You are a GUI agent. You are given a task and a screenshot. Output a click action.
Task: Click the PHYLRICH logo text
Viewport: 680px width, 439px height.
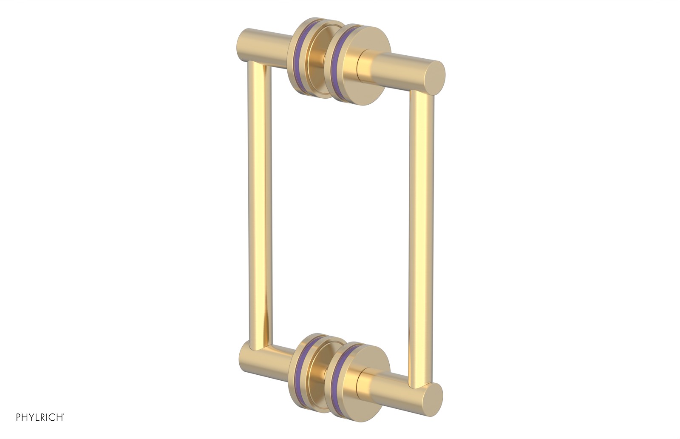tap(39, 417)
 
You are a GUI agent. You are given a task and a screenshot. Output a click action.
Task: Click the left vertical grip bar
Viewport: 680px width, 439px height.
tap(259, 204)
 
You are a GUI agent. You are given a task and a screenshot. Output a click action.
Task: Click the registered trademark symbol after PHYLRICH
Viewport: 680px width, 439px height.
tap(64, 414)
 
